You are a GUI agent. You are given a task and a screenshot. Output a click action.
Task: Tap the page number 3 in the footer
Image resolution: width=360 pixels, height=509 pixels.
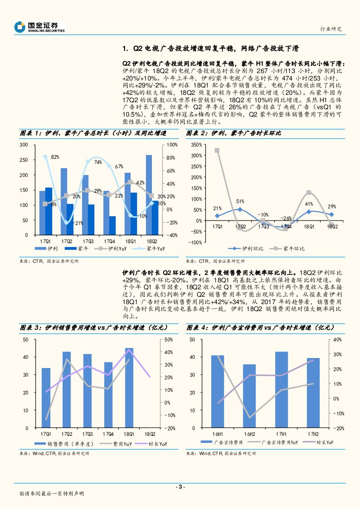pos(180,487)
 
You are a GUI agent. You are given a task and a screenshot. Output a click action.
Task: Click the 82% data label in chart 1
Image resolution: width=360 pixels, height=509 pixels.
pos(55,157)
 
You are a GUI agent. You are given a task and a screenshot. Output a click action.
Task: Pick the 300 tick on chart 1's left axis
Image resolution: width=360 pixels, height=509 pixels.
pos(24,144)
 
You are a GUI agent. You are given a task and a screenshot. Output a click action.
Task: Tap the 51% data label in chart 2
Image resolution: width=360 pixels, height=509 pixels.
pos(240,201)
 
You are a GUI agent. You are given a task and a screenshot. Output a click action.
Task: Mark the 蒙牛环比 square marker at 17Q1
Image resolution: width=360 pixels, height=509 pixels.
pos(217,151)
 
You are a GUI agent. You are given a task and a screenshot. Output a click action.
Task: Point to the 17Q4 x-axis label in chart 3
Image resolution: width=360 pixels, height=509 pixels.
pos(108,434)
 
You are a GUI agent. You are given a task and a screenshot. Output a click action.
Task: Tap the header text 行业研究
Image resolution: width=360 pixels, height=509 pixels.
pos(331,29)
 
